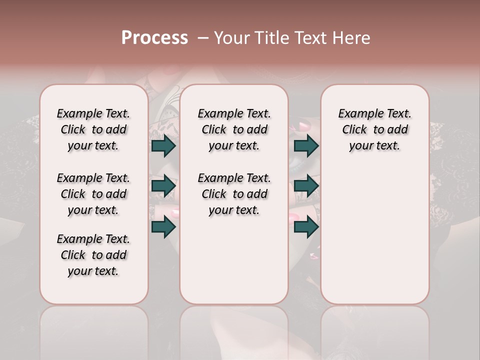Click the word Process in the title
[x=154, y=38]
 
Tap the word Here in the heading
[x=352, y=38]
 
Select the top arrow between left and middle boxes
[x=163, y=146]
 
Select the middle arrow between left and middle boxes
[x=163, y=186]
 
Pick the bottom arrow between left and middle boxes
[x=163, y=226]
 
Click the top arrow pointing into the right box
[x=306, y=146]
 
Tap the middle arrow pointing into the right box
[x=306, y=186]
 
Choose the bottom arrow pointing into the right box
[x=306, y=226]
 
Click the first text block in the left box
[x=93, y=129]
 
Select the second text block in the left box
[x=93, y=194]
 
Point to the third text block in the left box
[x=93, y=255]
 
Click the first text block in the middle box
[x=234, y=129]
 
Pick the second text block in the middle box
[x=234, y=194]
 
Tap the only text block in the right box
[x=374, y=129]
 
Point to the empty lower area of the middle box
[x=234, y=260]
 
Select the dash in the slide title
[x=202, y=38]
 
